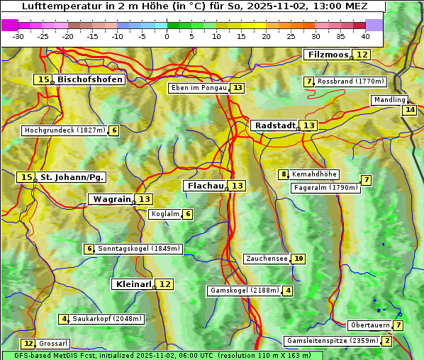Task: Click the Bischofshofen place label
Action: [x=90, y=79]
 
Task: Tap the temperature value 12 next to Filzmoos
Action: [x=362, y=55]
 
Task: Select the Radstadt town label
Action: [x=275, y=125]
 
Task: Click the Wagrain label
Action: [x=112, y=199]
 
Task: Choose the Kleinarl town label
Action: [x=133, y=284]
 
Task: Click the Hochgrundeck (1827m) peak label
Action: [x=65, y=130]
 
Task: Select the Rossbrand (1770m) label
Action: [x=350, y=81]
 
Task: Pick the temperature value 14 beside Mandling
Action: [x=409, y=110]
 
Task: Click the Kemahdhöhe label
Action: [x=315, y=174]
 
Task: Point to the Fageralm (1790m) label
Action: [x=325, y=188]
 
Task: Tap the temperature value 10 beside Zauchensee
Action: [x=299, y=259]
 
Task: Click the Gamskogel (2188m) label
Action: [x=245, y=291]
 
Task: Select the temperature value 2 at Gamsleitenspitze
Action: [x=386, y=341]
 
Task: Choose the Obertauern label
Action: [x=370, y=325]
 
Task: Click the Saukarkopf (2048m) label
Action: [x=108, y=319]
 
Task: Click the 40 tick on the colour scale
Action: [x=365, y=36]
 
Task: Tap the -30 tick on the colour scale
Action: [x=18, y=36]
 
